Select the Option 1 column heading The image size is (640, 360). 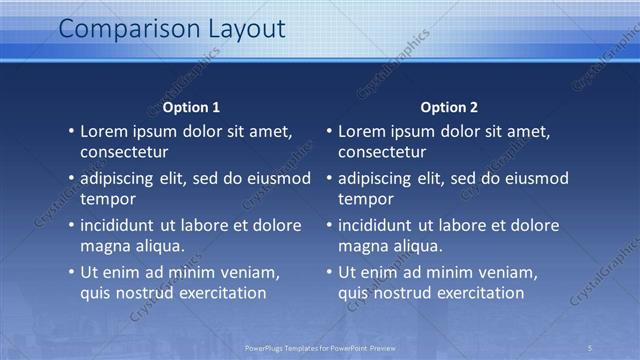point(191,107)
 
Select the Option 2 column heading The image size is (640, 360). point(449,107)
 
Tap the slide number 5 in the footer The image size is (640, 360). point(590,348)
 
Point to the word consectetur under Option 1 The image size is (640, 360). point(124,152)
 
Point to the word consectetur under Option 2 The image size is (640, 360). point(382,152)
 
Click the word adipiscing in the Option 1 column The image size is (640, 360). point(123,178)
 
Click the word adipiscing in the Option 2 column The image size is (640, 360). point(381,178)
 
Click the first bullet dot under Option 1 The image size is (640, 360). point(71,131)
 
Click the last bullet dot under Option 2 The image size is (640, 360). point(329,272)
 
